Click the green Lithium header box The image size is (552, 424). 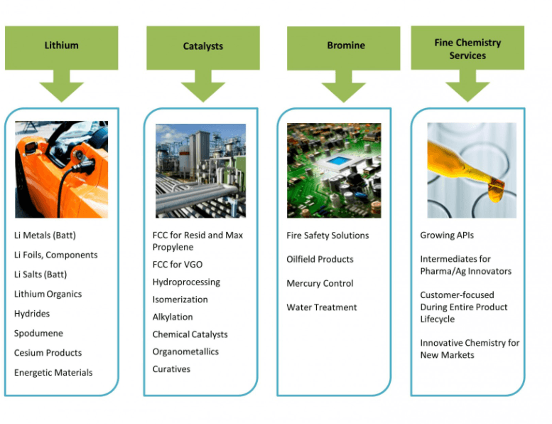pos(62,48)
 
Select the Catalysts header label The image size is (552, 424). pos(203,46)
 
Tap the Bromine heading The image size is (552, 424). pos(346,46)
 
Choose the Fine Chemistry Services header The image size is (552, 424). pos(467,49)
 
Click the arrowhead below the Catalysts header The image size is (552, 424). pos(203,92)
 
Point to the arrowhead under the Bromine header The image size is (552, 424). pos(344,92)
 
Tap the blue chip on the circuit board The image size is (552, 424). pos(337,161)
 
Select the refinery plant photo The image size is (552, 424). pos(200,171)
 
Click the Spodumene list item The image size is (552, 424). pos(39,333)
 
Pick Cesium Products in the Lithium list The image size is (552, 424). pos(48,352)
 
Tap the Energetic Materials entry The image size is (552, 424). pos(53,372)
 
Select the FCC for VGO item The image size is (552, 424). pos(178,265)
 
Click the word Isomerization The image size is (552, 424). pos(180,300)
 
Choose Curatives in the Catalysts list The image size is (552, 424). pos(171,369)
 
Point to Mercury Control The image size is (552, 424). pos(320,283)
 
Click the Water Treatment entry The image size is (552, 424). pos(322,307)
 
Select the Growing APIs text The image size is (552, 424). pos(447,235)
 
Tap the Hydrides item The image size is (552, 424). pos(32,313)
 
